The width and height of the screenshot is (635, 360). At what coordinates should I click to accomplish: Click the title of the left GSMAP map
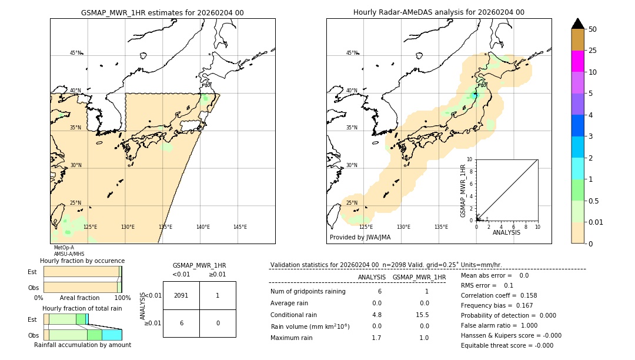[162, 12]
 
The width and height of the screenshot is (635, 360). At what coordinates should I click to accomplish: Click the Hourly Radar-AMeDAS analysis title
[439, 12]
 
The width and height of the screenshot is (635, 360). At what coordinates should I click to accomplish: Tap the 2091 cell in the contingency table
[181, 295]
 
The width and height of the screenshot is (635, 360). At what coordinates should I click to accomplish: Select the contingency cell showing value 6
[181, 323]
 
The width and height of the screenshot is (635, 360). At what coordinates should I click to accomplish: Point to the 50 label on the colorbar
[593, 29]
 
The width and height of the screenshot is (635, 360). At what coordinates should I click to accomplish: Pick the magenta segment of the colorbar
[577, 61]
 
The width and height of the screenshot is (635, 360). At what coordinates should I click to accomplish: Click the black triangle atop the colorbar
[577, 24]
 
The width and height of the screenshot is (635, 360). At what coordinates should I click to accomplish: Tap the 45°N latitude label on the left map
[76, 53]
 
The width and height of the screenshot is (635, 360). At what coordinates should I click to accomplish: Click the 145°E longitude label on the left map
[240, 227]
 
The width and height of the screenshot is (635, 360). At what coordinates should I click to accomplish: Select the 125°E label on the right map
[366, 227]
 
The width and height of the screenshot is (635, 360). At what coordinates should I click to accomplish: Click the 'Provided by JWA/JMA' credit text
[360, 238]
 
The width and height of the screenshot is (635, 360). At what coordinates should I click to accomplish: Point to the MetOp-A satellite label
[63, 248]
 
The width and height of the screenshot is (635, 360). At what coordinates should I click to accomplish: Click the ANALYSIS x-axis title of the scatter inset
[506, 232]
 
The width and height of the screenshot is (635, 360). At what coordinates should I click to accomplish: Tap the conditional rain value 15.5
[424, 315]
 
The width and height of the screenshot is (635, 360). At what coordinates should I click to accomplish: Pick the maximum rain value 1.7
[376, 338]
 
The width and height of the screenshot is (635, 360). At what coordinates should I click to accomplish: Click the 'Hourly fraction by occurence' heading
[82, 261]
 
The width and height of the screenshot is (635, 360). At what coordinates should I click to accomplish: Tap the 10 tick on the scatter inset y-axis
[470, 159]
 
